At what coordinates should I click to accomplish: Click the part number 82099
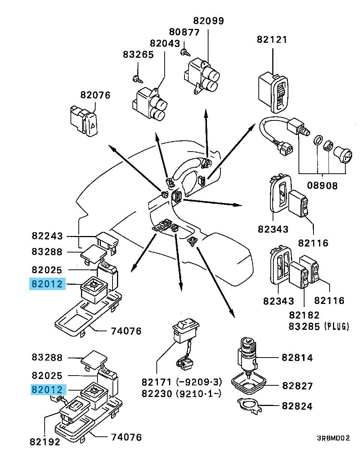tap(208, 21)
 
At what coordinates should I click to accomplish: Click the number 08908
tap(322, 185)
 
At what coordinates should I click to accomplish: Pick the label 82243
tap(47, 236)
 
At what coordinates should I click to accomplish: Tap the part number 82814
tap(297, 358)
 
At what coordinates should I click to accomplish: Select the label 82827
tap(297, 386)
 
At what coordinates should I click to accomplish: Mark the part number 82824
tap(297, 406)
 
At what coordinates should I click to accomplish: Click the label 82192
tap(45, 442)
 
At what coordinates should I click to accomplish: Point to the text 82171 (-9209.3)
tap(182, 382)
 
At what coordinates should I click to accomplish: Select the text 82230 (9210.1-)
tap(182, 394)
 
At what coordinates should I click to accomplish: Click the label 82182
tap(304, 315)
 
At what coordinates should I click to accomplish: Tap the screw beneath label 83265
tap(136, 79)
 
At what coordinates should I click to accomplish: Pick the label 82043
tap(165, 44)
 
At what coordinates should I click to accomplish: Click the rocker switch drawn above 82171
tap(185, 328)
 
